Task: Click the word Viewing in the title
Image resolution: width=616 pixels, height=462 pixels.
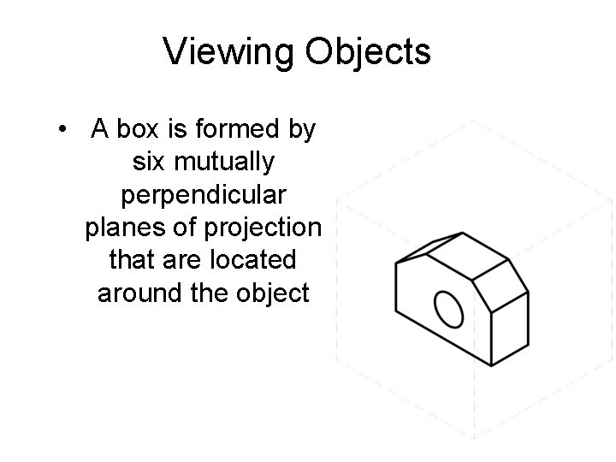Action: (x=228, y=52)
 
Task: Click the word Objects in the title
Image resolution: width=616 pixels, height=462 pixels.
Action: (x=368, y=52)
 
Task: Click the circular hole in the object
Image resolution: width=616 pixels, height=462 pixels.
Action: (x=449, y=309)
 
